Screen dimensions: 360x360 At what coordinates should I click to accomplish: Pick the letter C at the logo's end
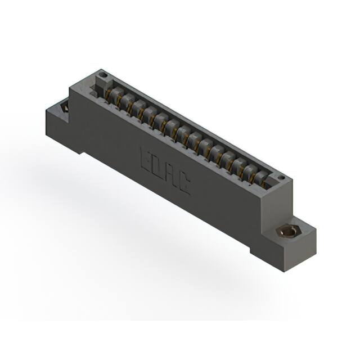184,184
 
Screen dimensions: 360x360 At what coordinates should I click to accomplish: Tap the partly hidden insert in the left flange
64,106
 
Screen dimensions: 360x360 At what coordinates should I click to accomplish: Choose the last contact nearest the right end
260,179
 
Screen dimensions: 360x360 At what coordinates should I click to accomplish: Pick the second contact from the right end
247,172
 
